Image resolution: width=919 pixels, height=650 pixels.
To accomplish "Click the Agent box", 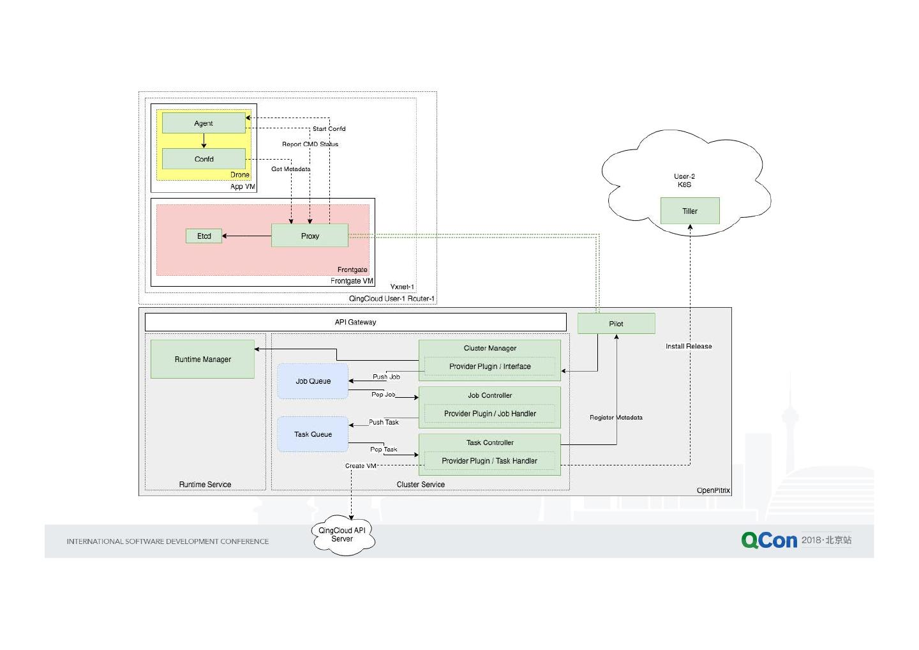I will coord(204,123).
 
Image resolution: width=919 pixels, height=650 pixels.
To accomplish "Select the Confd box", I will coord(204,159).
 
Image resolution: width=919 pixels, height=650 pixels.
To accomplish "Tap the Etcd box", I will coord(204,236).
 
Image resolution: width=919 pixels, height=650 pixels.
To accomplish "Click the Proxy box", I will coord(310,236).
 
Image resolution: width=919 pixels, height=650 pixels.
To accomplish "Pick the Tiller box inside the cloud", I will coord(690,211).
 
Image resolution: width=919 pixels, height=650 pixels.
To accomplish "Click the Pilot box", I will coord(616,324).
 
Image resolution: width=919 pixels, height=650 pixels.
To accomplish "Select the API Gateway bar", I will coord(355,322).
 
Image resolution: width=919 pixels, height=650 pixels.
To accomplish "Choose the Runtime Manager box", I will coord(202,359).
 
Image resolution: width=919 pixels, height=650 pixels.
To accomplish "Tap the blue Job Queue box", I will coord(313,381).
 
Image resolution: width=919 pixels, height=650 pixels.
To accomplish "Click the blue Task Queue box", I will coord(313,434).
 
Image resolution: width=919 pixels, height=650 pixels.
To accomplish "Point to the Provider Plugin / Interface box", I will coord(489,367).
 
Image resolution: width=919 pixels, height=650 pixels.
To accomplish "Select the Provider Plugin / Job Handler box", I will coord(489,414).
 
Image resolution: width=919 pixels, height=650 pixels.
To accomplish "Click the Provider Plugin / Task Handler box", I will coord(489,461).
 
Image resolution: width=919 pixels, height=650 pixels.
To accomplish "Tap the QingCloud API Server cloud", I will coord(343,535).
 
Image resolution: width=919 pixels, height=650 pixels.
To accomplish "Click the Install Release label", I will coord(689,347).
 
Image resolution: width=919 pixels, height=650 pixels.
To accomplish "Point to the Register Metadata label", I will coord(616,418).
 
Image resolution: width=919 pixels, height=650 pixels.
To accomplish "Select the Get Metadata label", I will coord(290,169).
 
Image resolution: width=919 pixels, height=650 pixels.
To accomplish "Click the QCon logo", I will coord(769,540).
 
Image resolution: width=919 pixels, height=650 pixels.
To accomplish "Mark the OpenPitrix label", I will coord(713,490).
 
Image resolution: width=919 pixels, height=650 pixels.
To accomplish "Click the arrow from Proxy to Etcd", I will coord(246,236).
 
